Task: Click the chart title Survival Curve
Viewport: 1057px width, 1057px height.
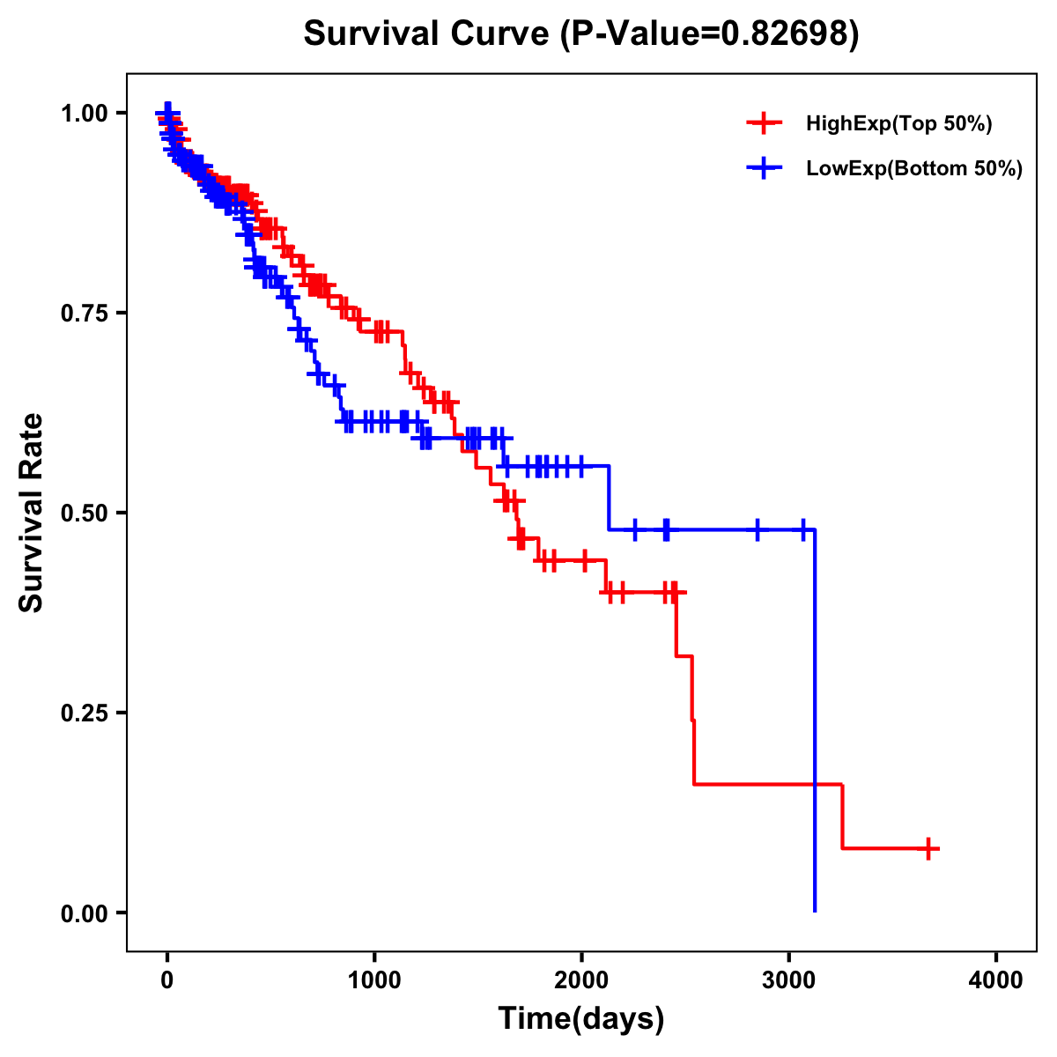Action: tap(427, 33)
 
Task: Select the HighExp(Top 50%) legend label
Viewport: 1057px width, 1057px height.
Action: tap(899, 124)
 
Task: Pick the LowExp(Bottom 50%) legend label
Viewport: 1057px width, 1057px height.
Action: tap(914, 169)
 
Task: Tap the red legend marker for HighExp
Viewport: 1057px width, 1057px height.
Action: tap(764, 124)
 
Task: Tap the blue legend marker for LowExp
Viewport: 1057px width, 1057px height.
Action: tap(764, 169)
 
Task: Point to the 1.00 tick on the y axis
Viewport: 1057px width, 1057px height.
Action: tap(84, 113)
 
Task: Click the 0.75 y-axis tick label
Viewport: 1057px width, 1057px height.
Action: tap(84, 313)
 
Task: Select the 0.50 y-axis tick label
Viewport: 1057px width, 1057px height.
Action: tap(84, 513)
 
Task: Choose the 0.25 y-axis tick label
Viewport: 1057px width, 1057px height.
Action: tap(84, 713)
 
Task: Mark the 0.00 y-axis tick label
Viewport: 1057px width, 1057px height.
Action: tap(84, 913)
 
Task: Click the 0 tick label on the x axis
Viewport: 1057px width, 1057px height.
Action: tap(167, 980)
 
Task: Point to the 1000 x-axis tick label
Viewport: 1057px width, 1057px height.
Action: tap(374, 980)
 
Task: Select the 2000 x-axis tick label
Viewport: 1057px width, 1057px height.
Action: tap(581, 980)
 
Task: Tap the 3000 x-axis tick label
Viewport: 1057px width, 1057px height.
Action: tap(789, 980)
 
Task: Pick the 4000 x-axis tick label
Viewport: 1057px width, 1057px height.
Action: tap(996, 980)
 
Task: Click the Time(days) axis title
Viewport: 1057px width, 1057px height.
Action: tap(581, 1019)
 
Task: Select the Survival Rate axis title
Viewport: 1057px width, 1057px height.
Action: tap(32, 513)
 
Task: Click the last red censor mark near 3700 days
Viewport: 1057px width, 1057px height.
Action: tap(928, 848)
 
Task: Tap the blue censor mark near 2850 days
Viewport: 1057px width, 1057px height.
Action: tap(757, 529)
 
